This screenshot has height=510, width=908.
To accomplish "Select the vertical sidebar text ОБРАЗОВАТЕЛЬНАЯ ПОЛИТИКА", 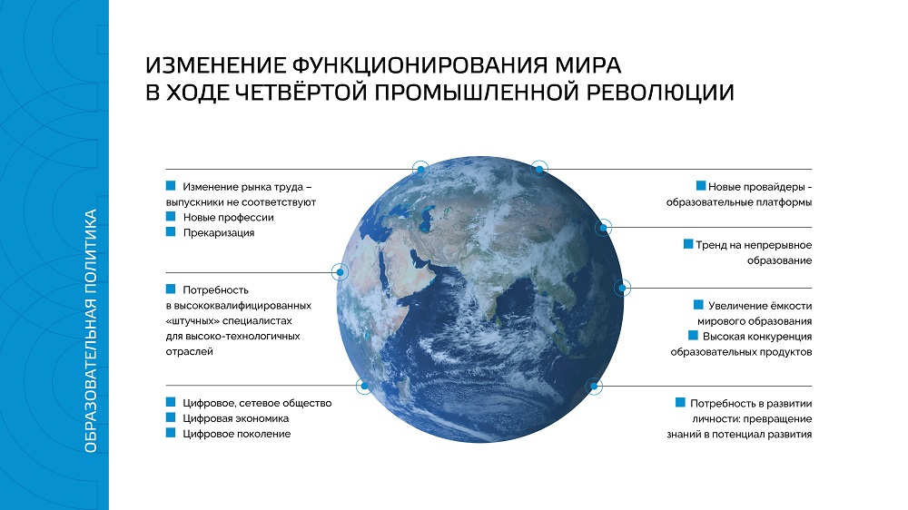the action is click(x=90, y=330).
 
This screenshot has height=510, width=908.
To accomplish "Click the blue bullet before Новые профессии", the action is click(x=171, y=217).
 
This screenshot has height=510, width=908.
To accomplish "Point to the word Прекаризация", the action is click(x=218, y=232).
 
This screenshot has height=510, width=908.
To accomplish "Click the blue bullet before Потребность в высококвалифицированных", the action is click(x=171, y=289).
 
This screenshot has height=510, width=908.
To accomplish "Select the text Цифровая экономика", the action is click(x=236, y=418).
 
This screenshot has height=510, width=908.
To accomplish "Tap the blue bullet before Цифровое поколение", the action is click(x=171, y=433).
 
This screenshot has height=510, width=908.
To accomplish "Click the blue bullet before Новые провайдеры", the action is click(x=701, y=186).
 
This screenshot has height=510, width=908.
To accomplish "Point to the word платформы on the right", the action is click(x=785, y=202).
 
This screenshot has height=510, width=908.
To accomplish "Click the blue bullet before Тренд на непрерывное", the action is click(x=688, y=244).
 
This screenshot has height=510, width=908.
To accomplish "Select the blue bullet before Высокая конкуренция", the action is click(x=693, y=335).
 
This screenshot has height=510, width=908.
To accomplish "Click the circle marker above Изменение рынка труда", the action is click(x=420, y=169).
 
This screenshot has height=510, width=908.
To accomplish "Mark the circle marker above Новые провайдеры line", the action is click(x=539, y=169).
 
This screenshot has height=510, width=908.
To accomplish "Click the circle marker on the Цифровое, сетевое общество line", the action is click(x=364, y=386).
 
